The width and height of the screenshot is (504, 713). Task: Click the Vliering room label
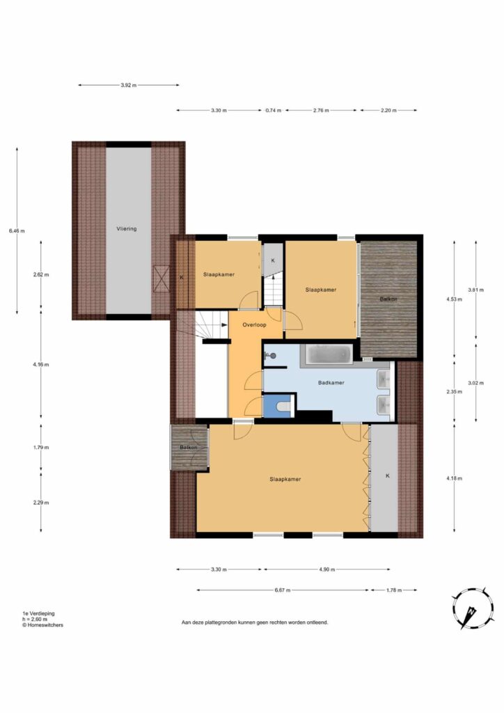(x=126, y=228)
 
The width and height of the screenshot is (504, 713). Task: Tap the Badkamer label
(x=331, y=383)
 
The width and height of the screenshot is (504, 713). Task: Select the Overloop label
(x=255, y=325)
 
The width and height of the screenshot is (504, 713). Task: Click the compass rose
(x=473, y=608)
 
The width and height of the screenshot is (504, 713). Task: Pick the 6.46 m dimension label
(x=17, y=231)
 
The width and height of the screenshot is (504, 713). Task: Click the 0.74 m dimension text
(x=274, y=111)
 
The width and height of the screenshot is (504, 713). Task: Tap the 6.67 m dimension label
(x=282, y=590)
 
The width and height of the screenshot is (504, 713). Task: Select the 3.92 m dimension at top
(x=129, y=85)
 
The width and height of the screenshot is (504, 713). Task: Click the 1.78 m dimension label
(x=394, y=590)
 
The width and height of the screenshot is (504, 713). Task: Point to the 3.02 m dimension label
(x=476, y=383)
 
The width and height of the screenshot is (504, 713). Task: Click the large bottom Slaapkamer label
(x=285, y=479)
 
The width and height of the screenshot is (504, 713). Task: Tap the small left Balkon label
(x=189, y=448)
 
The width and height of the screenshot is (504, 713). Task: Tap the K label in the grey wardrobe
(x=388, y=476)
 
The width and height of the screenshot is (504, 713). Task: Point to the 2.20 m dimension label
(x=388, y=111)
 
